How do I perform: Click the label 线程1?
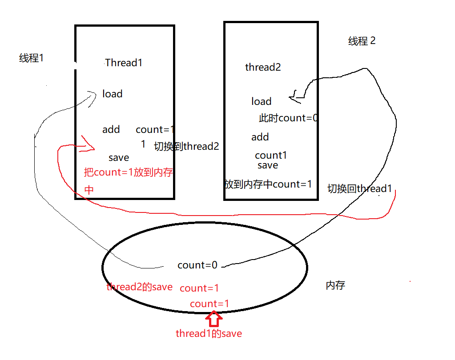31,58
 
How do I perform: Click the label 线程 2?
362,41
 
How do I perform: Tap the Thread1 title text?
124,63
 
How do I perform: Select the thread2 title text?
263,67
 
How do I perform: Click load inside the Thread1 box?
112,94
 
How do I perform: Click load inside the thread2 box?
261,101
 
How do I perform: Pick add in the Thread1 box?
111,129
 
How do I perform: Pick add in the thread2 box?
260,137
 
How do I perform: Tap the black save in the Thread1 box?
118,158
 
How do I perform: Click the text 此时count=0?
288,118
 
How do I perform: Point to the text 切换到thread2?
186,146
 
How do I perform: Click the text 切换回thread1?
359,188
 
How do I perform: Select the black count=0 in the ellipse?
197,265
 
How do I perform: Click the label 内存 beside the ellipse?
335,285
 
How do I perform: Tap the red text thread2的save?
139,287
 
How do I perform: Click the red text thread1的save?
209,333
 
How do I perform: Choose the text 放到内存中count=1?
268,184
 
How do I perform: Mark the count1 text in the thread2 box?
270,156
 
